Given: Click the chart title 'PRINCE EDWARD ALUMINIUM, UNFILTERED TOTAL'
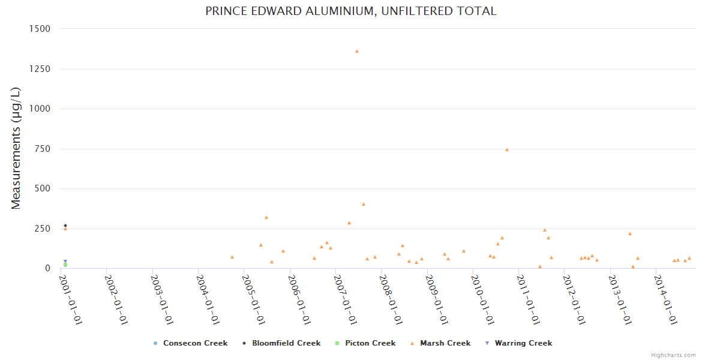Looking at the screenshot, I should [350, 11].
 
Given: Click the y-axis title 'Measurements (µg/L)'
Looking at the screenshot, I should [16, 148].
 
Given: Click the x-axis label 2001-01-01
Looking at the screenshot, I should [70, 299].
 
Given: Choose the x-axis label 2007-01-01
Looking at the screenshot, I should [346, 299].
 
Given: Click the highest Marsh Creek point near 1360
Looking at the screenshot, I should [357, 51].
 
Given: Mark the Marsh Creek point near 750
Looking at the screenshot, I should [507, 149].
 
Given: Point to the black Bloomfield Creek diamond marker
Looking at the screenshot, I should [65, 226].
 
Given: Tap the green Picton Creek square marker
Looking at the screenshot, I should [65, 265].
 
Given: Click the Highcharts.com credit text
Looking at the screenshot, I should [673, 355].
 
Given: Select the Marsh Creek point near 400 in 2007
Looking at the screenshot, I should [364, 204].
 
